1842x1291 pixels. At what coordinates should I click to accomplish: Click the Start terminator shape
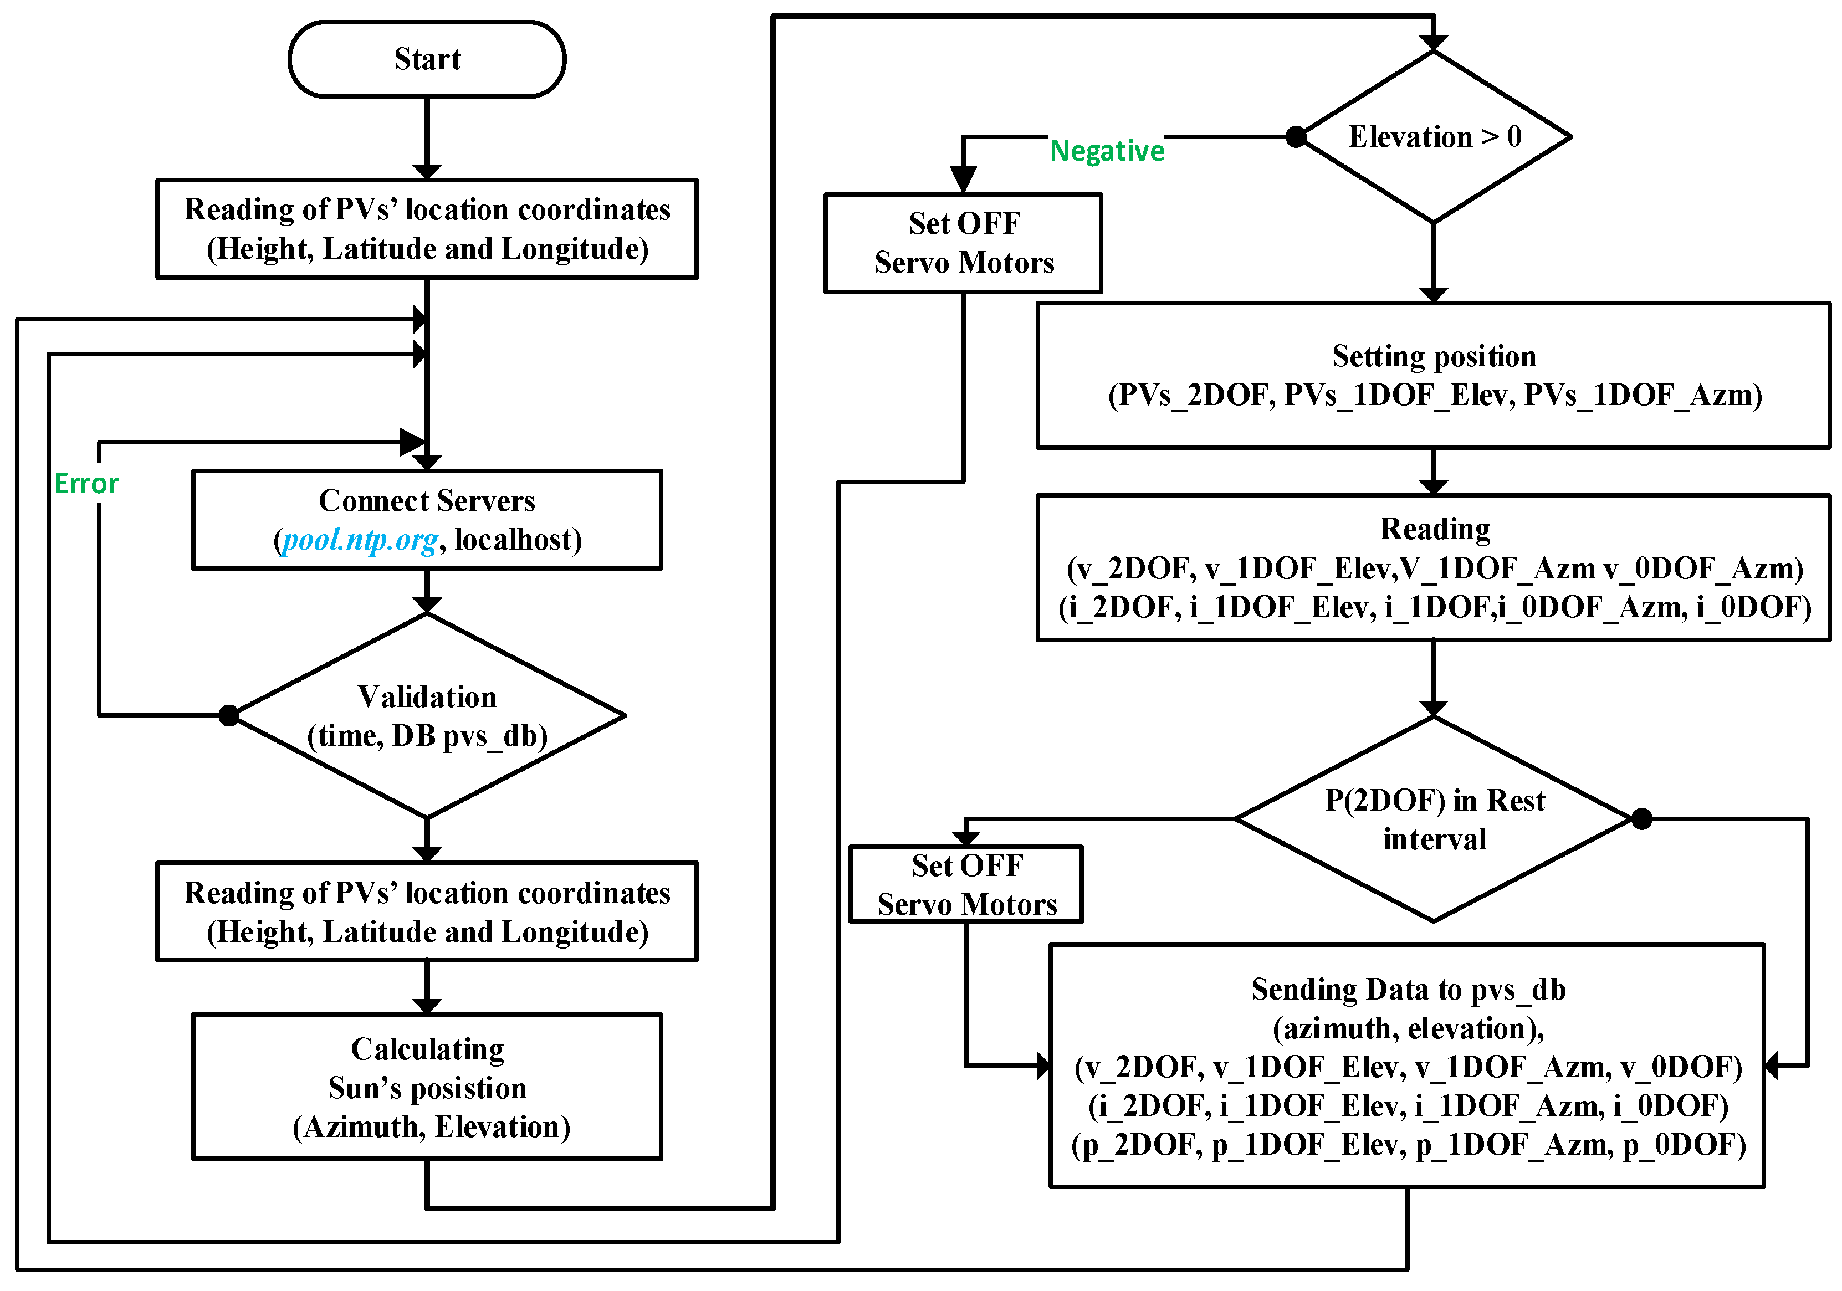click(x=427, y=59)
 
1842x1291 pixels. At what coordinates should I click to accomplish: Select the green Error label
click(x=86, y=484)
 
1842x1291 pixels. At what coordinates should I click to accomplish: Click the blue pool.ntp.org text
click(x=360, y=540)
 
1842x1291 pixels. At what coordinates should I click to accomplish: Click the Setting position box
click(x=1433, y=376)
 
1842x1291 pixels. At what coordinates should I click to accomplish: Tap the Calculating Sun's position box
click(x=427, y=1087)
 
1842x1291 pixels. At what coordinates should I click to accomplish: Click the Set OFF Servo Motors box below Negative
click(x=963, y=243)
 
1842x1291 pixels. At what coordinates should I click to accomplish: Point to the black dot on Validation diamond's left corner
click(x=229, y=715)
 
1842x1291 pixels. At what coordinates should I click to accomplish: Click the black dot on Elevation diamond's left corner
click(x=1296, y=137)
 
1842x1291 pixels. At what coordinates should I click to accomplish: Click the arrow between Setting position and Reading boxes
click(x=1433, y=472)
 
